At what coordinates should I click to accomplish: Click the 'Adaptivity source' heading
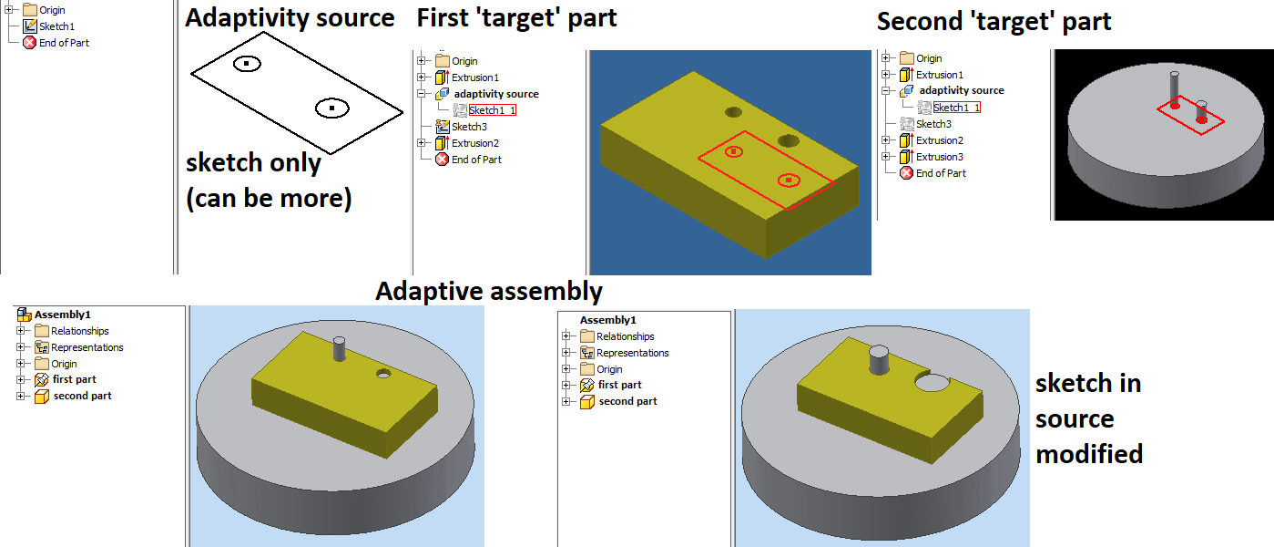point(290,18)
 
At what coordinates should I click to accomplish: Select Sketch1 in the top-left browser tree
point(56,26)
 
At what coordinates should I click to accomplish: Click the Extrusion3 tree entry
point(939,157)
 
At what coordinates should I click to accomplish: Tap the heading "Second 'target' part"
point(994,22)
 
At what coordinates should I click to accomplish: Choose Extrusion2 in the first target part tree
point(474,143)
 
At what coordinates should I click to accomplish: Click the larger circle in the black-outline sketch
point(332,108)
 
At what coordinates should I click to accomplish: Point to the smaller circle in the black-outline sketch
point(246,64)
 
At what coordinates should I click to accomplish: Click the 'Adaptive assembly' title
point(488,292)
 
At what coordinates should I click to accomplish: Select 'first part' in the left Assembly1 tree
point(74,379)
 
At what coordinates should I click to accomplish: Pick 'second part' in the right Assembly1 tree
point(627,401)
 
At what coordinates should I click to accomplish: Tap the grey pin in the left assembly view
point(340,350)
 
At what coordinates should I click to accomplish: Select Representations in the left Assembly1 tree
point(87,347)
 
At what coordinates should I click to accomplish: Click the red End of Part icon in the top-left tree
point(28,43)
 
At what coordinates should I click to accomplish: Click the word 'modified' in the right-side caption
point(1088,453)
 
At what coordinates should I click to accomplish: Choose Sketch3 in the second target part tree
point(933,124)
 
